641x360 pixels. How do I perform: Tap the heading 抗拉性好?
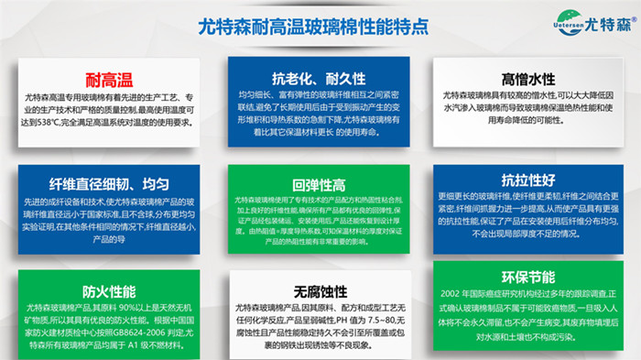529,180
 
